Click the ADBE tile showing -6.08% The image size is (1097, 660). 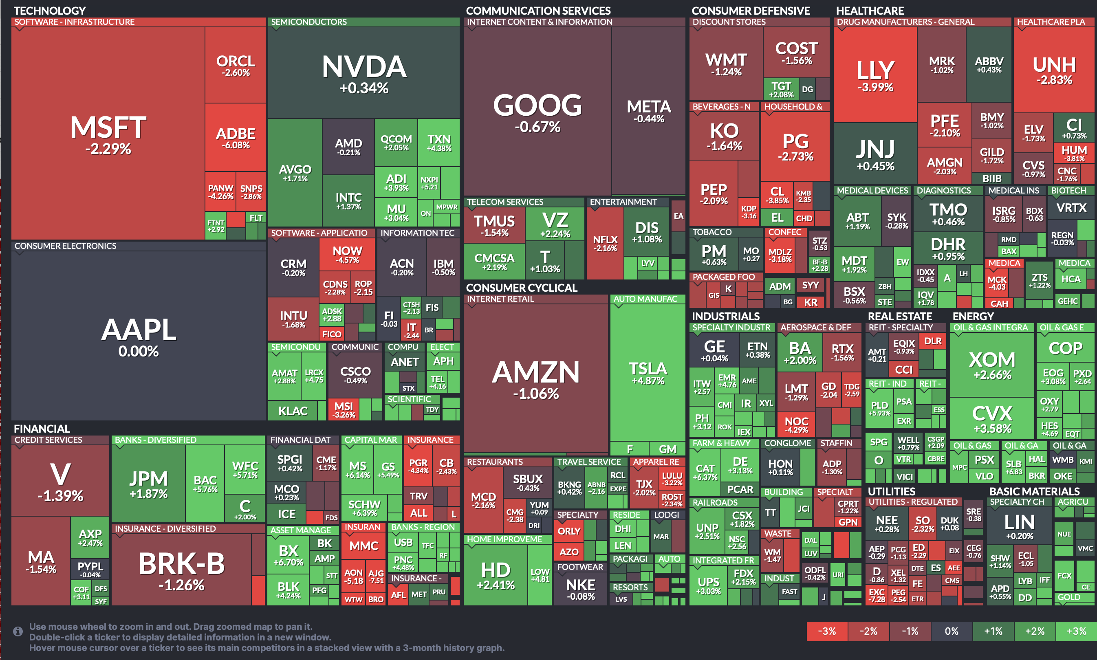click(235, 138)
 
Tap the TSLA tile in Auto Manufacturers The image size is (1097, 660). click(648, 373)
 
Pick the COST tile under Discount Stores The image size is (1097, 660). click(796, 53)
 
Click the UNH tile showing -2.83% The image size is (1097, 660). click(1054, 70)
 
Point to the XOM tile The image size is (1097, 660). click(992, 365)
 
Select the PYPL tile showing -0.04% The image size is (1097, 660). click(90, 569)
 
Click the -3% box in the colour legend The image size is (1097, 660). click(827, 631)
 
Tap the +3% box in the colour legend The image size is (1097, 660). click(1076, 631)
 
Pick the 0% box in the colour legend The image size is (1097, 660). click(952, 631)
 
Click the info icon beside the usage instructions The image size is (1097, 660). click(18, 631)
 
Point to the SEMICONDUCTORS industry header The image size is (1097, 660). click(309, 22)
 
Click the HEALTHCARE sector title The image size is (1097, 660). click(870, 10)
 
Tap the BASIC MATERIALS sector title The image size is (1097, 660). click(1034, 491)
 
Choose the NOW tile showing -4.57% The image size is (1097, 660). click(348, 254)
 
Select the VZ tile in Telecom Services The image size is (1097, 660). click(555, 224)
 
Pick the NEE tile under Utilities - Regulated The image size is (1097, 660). click(887, 524)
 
